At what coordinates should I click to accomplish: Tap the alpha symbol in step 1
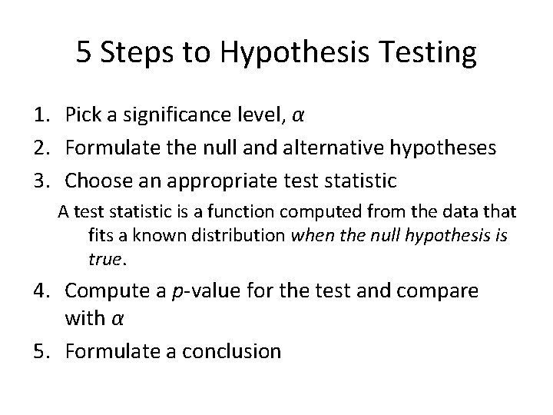pos(300,117)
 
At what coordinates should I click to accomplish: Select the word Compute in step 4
pos(108,291)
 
